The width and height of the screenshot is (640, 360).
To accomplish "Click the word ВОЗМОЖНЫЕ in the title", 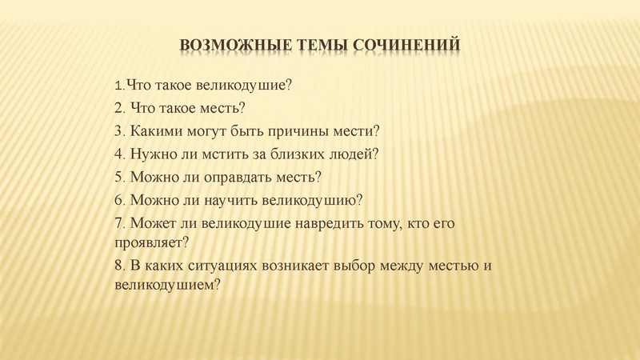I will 227,44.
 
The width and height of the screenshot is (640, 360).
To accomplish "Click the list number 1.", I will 119,85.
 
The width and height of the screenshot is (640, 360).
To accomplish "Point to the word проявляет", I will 150,240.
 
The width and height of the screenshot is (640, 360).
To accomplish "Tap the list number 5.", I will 119,176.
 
